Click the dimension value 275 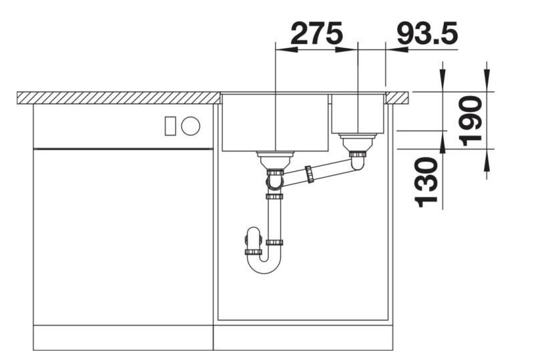coord(316,33)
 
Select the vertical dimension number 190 coord(472,121)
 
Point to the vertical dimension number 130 coord(427,182)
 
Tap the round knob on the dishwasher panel coord(191,125)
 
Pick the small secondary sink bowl coord(357,114)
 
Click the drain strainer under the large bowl coord(274,160)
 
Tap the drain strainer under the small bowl coord(358,142)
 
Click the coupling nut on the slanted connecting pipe coord(309,174)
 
